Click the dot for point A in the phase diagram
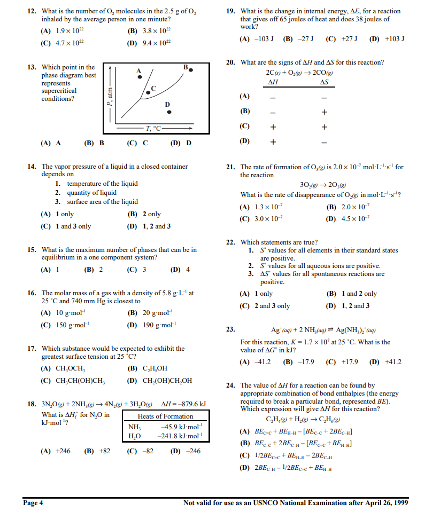click(x=140, y=77)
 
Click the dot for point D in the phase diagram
click(x=169, y=112)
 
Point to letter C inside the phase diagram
click(x=153, y=88)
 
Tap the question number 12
click(x=32, y=11)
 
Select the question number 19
click(x=230, y=11)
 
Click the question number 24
click(x=230, y=385)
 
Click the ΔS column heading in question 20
click(x=323, y=82)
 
